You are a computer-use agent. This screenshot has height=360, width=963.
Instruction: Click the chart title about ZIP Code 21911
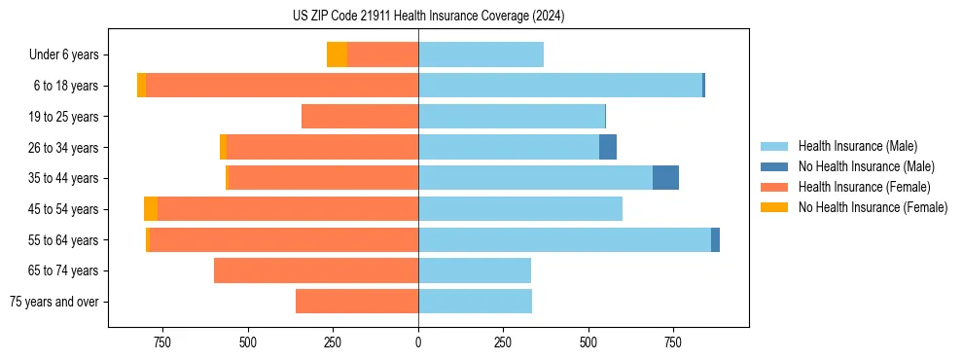pos(428,17)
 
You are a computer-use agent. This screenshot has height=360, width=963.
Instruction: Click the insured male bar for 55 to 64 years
pos(564,240)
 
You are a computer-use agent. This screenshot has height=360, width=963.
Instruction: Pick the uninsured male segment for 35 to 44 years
pos(665,178)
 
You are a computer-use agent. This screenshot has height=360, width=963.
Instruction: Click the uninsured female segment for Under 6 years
pos(337,55)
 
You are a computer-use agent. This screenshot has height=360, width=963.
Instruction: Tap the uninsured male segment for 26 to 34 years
pos(608,148)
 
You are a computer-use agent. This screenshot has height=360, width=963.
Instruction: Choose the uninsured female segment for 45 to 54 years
pos(151,209)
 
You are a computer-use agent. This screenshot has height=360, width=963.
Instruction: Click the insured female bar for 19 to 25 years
pos(360,117)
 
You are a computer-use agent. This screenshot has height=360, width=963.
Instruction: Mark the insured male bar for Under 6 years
pos(481,55)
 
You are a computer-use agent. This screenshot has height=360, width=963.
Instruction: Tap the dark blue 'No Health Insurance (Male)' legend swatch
pos(774,166)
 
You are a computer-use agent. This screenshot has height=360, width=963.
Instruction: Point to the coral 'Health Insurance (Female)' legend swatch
pos(774,187)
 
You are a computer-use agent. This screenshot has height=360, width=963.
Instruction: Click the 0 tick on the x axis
pos(418,342)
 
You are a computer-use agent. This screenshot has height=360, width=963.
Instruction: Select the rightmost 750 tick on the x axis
pos(672,342)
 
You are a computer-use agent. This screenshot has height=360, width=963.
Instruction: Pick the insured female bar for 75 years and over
pos(357,302)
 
